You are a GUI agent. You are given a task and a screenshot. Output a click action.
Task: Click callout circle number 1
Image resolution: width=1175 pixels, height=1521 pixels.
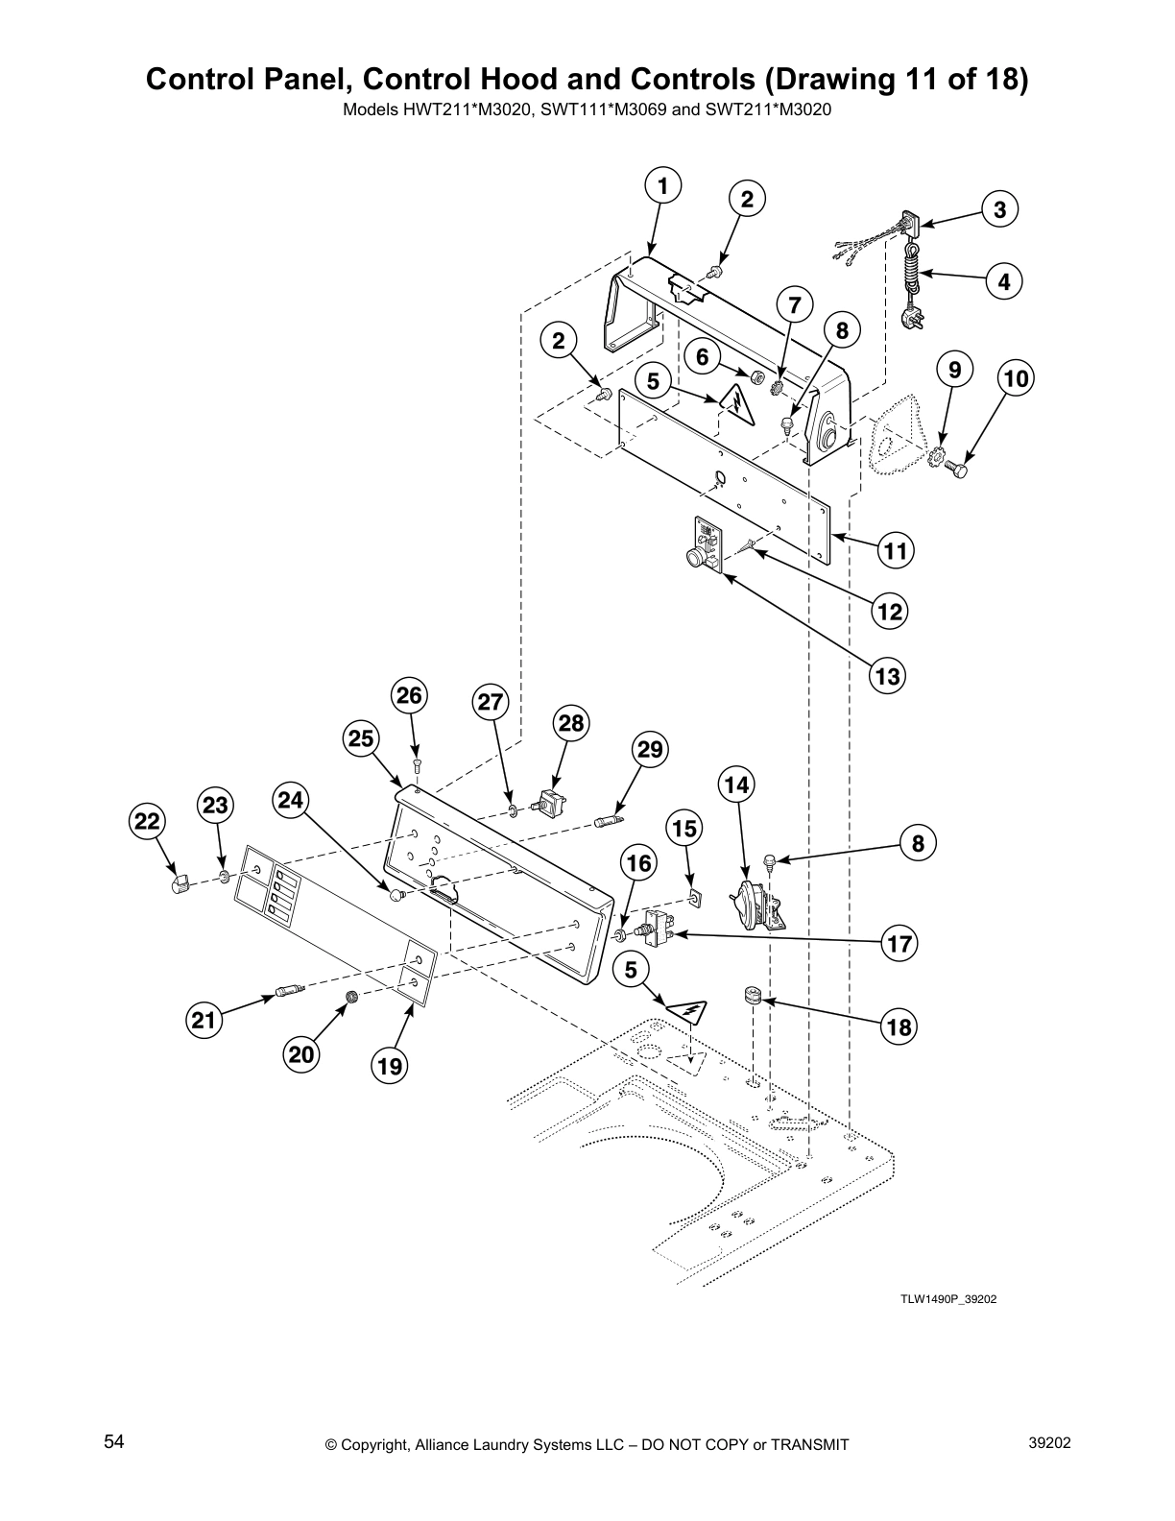click(662, 185)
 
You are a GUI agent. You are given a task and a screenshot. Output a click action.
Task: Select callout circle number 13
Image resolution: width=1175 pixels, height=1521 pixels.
click(887, 676)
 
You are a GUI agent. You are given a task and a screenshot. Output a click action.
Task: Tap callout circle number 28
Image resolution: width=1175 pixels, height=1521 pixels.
click(571, 722)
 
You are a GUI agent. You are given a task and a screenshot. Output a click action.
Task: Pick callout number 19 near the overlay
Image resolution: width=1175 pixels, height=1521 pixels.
click(389, 1066)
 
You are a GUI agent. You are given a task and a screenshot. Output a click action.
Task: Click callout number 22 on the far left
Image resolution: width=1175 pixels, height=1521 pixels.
click(147, 822)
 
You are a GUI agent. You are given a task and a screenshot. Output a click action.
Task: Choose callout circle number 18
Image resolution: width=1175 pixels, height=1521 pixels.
click(899, 1027)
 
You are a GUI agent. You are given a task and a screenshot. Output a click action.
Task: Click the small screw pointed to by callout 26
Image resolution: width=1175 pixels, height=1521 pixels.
click(416, 765)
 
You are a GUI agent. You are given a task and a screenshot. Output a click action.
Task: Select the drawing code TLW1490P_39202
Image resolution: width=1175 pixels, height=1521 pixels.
click(941, 1299)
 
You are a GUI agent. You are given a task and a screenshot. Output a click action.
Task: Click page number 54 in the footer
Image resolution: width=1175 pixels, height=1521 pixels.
click(114, 1442)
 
